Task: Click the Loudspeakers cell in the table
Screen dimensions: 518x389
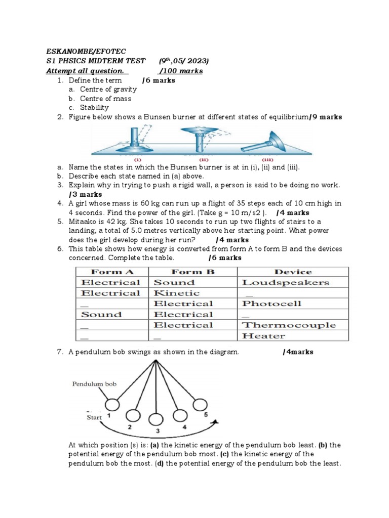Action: (x=285, y=283)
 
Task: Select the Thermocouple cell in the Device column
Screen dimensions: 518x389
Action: (x=289, y=325)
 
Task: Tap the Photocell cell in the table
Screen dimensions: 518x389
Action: (x=271, y=304)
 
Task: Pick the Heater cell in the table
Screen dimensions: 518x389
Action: (x=263, y=336)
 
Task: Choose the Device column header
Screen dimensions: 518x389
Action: (x=293, y=272)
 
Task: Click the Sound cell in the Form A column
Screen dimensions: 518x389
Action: (x=101, y=314)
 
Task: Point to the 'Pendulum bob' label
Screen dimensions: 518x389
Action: (x=94, y=384)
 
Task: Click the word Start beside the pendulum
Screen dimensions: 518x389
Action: (x=94, y=418)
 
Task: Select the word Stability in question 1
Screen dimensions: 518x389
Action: (x=94, y=108)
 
